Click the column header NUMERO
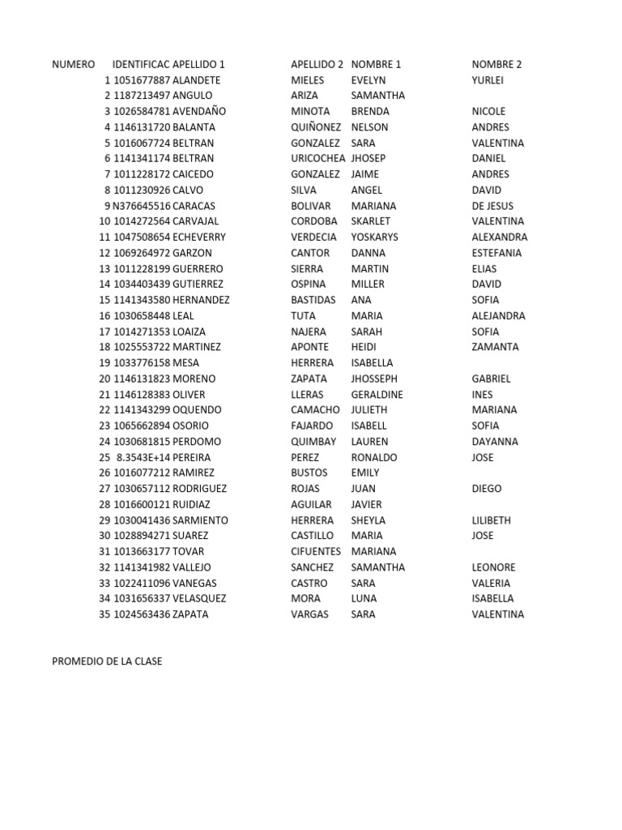(x=73, y=64)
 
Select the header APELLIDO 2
(x=317, y=64)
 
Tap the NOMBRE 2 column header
(x=496, y=64)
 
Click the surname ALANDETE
(x=196, y=80)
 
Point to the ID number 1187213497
(x=142, y=96)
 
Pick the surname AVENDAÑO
(x=199, y=111)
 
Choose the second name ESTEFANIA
(x=496, y=253)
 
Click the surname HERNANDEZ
(x=201, y=300)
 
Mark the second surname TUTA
(x=303, y=316)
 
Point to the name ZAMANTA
(x=495, y=347)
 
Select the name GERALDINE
(x=377, y=395)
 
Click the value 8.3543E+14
(x=143, y=457)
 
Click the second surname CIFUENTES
(x=316, y=551)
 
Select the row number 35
(x=104, y=614)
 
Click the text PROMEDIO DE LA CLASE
(x=107, y=661)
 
